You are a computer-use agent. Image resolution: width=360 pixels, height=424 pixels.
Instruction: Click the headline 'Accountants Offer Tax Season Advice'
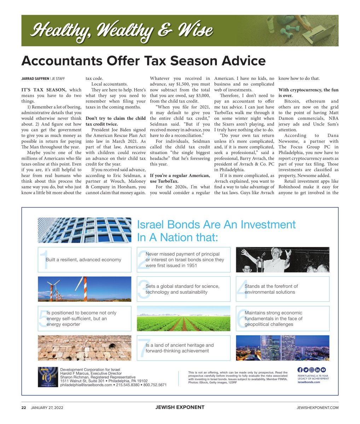coord(143,61)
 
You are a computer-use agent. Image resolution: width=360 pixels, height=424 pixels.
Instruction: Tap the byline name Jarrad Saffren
coord(35,79)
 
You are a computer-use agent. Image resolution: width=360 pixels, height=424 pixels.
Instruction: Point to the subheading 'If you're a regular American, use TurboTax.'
coord(180,178)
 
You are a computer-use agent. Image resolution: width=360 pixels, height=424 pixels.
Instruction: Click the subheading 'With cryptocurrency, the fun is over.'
coord(308,93)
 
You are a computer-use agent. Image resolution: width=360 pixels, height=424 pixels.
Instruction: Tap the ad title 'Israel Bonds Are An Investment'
coord(216,225)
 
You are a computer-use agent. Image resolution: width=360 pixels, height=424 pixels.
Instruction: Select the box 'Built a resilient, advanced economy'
coord(84,260)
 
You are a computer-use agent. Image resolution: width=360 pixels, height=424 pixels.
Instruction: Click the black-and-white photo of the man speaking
coord(282,260)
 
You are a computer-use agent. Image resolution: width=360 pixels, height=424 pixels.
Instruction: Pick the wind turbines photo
coord(84,289)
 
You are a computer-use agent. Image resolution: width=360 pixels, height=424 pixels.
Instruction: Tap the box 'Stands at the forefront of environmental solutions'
coord(282,289)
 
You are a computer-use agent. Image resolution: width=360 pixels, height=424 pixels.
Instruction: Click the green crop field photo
coord(183,318)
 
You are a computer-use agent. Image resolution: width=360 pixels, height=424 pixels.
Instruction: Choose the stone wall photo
coord(84,348)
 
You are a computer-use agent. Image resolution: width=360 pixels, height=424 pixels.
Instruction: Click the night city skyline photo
coord(282,348)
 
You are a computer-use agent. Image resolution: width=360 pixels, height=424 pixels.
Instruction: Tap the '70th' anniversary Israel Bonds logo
coord(47,377)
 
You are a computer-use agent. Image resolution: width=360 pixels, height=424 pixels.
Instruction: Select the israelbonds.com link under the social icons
coord(309,382)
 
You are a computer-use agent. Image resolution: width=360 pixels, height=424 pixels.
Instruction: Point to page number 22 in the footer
coord(24,407)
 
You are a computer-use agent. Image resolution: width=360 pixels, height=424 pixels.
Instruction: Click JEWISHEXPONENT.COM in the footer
coord(317,407)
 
